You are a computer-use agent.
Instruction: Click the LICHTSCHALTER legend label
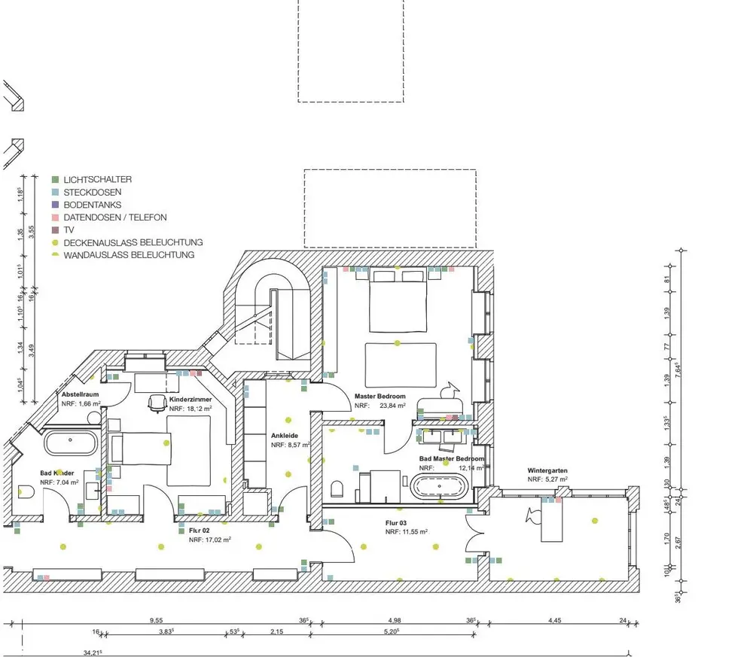97,180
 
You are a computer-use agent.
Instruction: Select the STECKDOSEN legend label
92,193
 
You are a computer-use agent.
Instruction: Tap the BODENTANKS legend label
92,205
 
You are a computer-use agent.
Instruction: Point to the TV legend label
69,230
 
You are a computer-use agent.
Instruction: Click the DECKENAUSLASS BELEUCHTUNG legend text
133,242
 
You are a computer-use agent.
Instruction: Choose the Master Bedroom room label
380,396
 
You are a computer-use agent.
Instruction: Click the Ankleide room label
285,435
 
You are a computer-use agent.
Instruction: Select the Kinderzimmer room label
191,400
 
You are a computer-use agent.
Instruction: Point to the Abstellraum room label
81,394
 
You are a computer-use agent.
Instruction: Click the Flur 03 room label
397,522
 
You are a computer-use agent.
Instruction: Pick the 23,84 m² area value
392,405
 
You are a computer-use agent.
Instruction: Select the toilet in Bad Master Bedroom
338,489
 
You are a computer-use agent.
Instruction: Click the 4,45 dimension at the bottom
555,621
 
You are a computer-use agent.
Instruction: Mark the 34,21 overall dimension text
92,652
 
